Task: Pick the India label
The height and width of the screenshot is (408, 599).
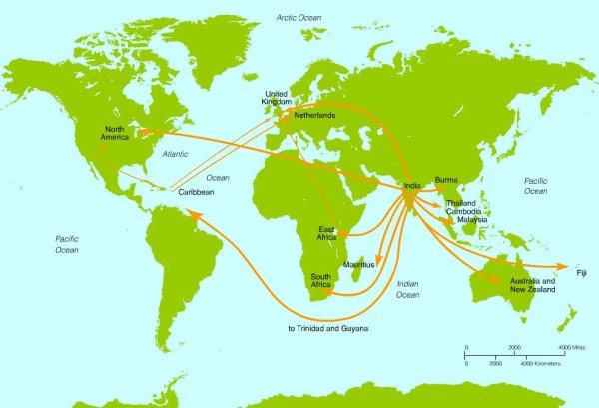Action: point(411,184)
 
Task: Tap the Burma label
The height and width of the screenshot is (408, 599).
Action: point(446,181)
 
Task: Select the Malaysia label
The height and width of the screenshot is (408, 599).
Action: point(467,220)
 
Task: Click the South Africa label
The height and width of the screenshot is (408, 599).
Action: point(320,281)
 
